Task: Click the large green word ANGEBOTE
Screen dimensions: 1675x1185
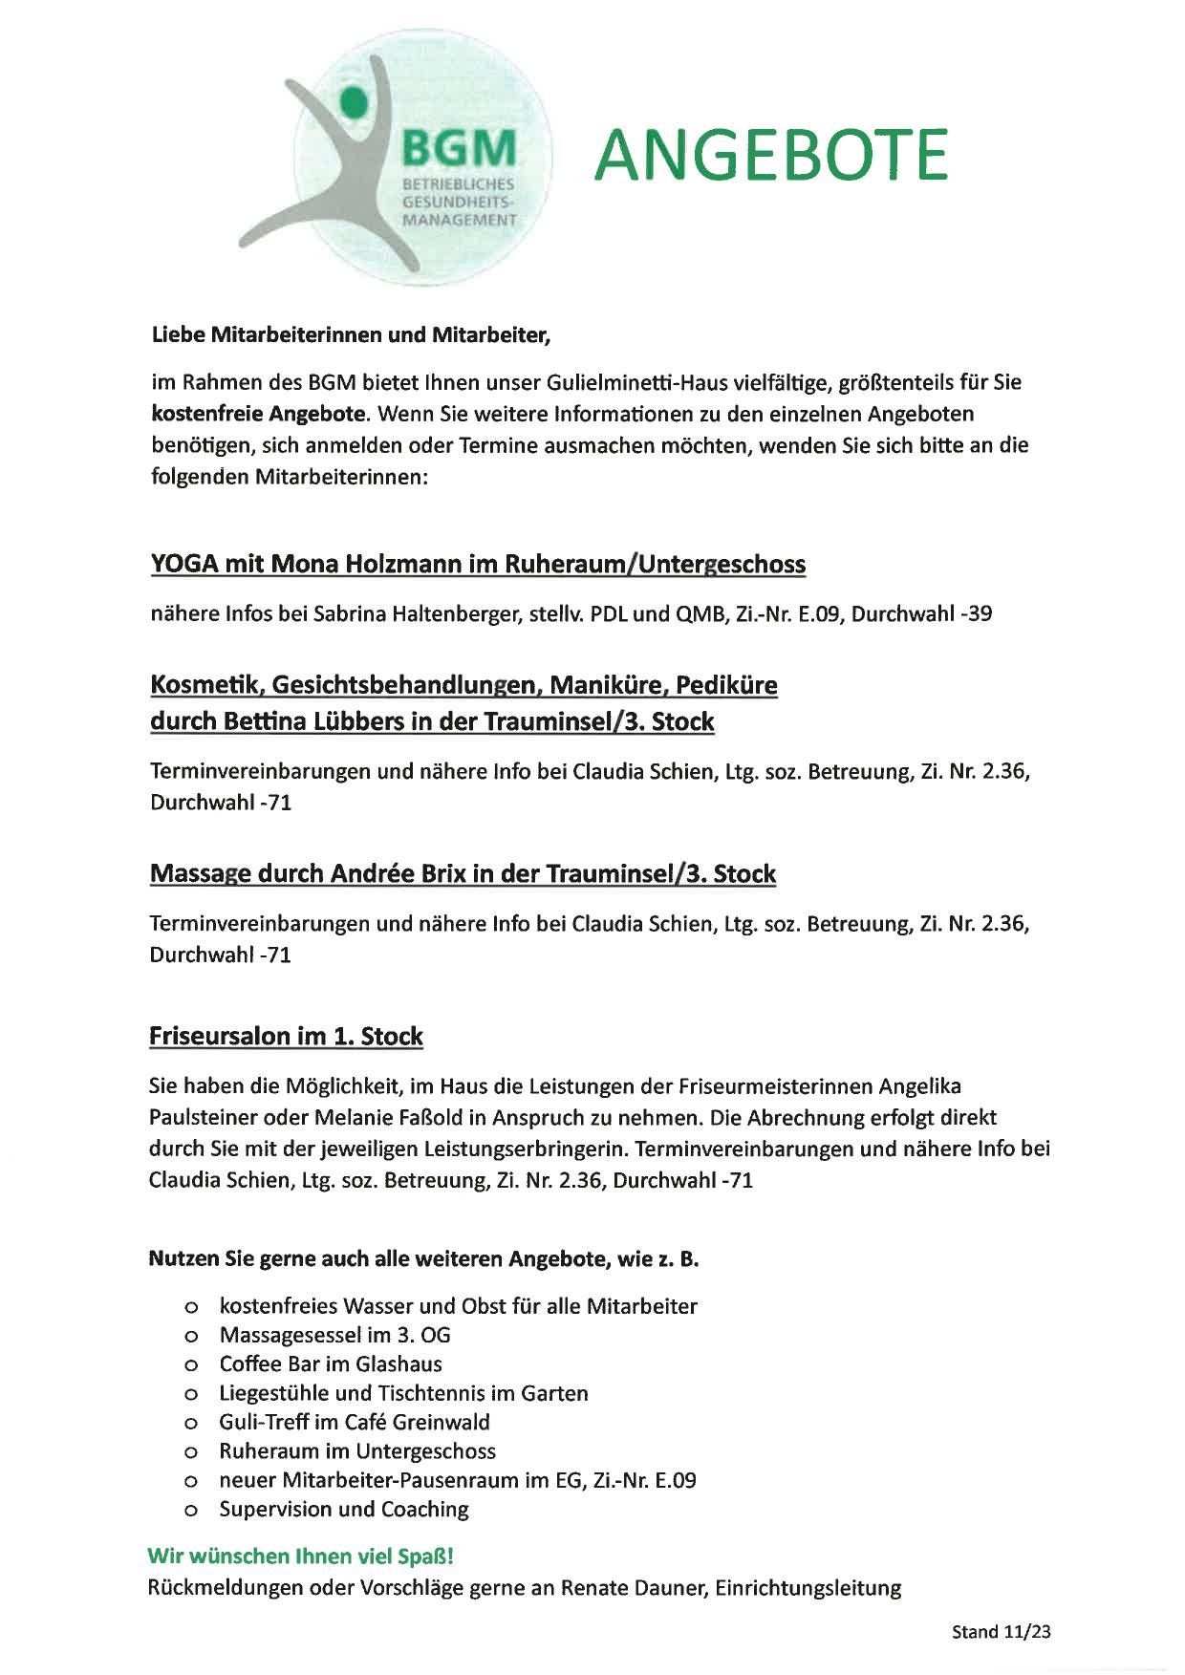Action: [771, 155]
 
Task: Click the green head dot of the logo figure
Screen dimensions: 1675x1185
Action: [354, 98]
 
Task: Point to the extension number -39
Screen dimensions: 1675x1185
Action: [976, 613]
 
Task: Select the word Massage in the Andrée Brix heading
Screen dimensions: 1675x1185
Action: [200, 873]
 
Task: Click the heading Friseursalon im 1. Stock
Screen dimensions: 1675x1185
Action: [286, 1036]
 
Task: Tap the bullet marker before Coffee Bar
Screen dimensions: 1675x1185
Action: [191, 1364]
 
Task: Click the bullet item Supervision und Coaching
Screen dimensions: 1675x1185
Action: [344, 1509]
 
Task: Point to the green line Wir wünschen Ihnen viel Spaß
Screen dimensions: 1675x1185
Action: [300, 1556]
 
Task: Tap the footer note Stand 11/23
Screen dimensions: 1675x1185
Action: [1001, 1632]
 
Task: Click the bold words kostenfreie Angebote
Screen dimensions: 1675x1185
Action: [258, 414]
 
